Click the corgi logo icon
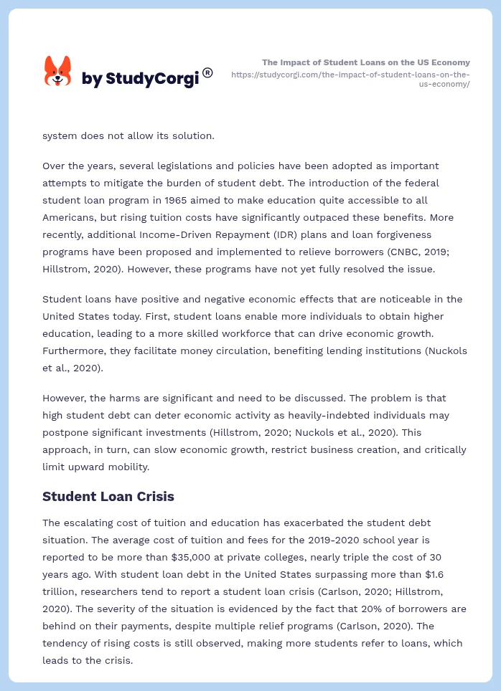58,71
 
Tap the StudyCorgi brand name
139,79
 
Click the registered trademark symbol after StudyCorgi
207,72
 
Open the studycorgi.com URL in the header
351,79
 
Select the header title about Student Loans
366,62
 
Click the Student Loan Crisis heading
108,496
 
